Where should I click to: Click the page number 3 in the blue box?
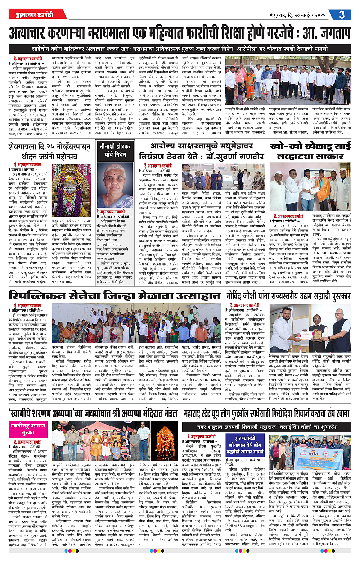point(342,14)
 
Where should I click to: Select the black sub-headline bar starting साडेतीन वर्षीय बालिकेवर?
point(180,48)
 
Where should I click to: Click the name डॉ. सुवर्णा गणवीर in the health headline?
point(232,159)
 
